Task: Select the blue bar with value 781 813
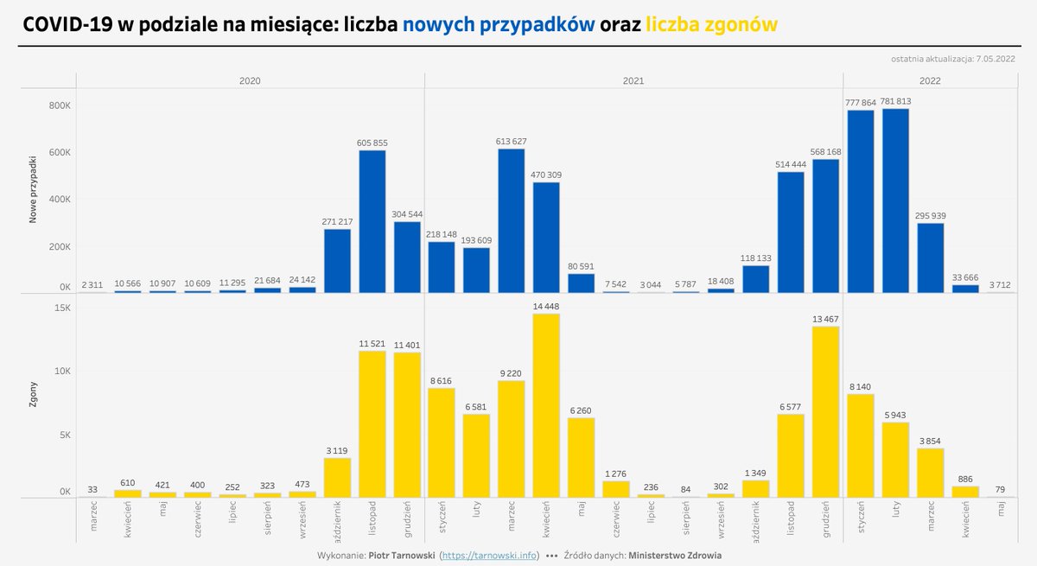pyautogui.click(x=895, y=200)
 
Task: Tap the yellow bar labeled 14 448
pyautogui.click(x=546, y=405)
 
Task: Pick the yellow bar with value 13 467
pyautogui.click(x=825, y=411)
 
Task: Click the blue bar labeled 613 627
pyautogui.click(x=511, y=220)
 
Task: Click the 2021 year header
pyautogui.click(x=633, y=80)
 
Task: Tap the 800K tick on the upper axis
pyautogui.click(x=59, y=106)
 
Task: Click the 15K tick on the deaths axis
pyautogui.click(x=60, y=308)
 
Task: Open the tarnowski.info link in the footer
pyautogui.click(x=489, y=556)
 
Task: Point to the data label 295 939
pyautogui.click(x=931, y=216)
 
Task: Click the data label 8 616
pyautogui.click(x=442, y=380)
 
